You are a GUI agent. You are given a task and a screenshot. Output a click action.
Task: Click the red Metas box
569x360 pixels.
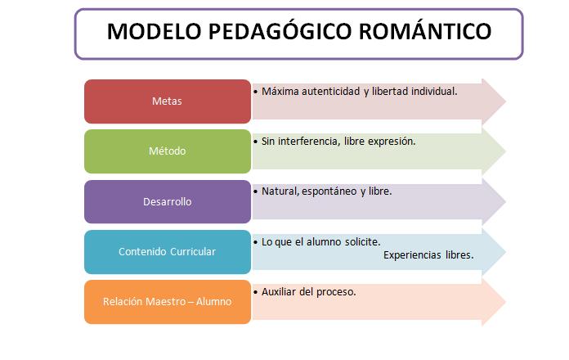click(x=167, y=101)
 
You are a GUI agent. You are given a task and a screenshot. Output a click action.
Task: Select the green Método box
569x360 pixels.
click(x=167, y=151)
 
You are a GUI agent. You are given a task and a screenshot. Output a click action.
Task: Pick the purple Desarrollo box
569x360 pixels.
click(x=167, y=201)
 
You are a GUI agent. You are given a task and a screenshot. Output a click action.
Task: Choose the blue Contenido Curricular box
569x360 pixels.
click(x=167, y=251)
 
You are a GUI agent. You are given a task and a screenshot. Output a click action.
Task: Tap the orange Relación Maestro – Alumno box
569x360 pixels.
click(x=167, y=301)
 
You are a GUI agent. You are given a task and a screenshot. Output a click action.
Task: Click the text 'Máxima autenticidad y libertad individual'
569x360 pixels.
click(x=359, y=91)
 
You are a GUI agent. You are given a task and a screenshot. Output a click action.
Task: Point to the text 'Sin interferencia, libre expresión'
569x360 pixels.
click(x=338, y=141)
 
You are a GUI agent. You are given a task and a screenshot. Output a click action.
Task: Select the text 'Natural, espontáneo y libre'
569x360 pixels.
click(x=327, y=191)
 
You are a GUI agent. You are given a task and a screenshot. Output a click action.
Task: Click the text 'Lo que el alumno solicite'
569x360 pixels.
click(x=320, y=241)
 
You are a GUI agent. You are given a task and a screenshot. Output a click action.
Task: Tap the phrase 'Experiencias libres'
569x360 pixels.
click(x=428, y=254)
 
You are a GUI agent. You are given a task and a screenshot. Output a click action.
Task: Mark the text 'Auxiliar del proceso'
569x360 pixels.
click(x=308, y=291)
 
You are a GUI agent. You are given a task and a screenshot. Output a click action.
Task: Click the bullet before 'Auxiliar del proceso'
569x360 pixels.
click(x=256, y=291)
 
